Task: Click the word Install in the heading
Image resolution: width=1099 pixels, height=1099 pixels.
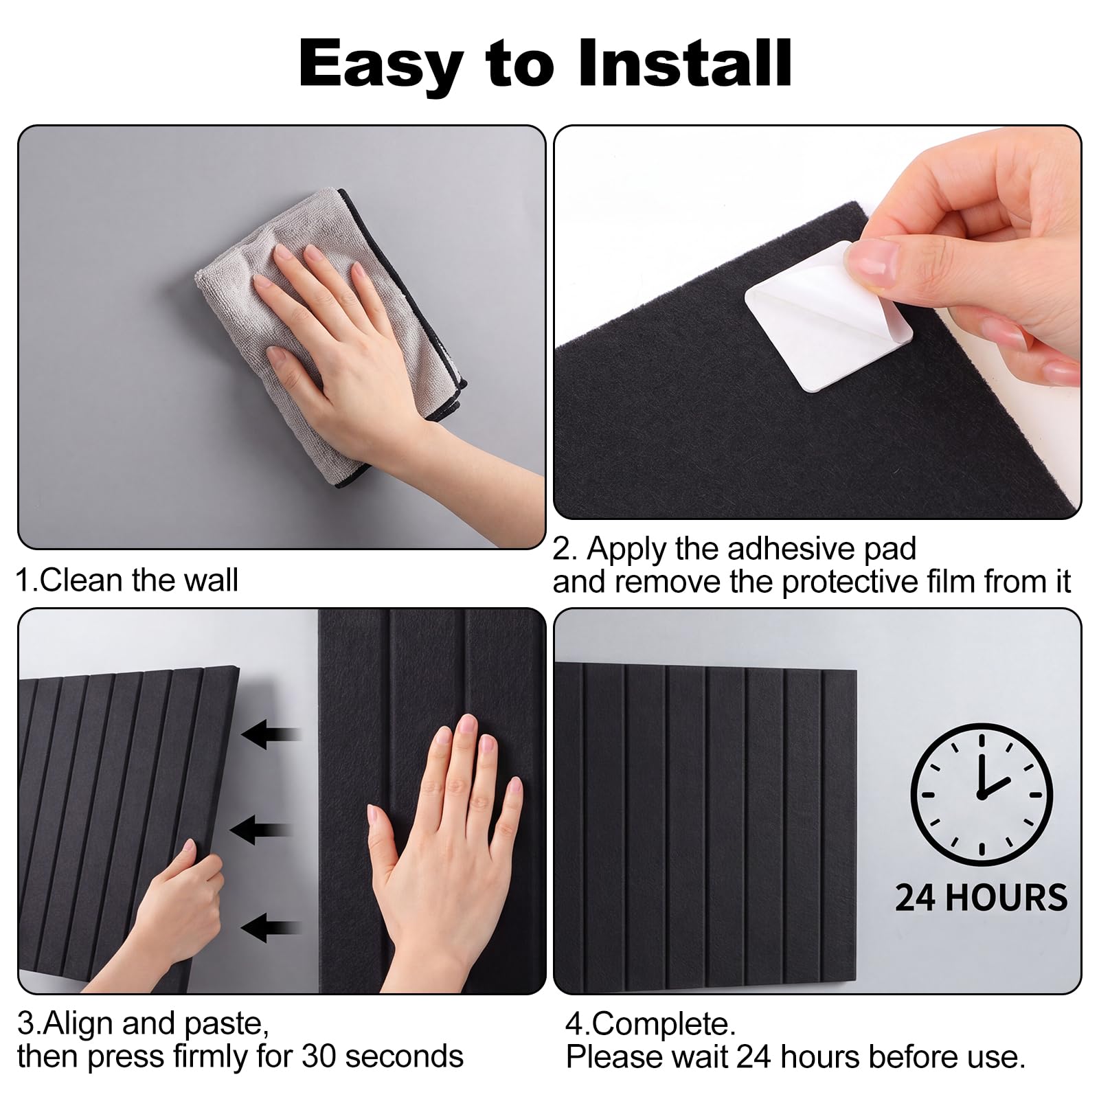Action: tap(685, 64)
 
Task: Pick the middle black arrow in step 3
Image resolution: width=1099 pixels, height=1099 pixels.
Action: tap(262, 830)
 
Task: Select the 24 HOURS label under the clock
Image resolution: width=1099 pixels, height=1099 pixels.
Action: tap(982, 898)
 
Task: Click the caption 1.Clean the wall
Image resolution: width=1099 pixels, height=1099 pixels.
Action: tap(127, 580)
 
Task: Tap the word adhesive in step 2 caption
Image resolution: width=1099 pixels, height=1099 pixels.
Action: tap(789, 549)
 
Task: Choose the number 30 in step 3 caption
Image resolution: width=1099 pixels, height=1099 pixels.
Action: tap(316, 1056)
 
